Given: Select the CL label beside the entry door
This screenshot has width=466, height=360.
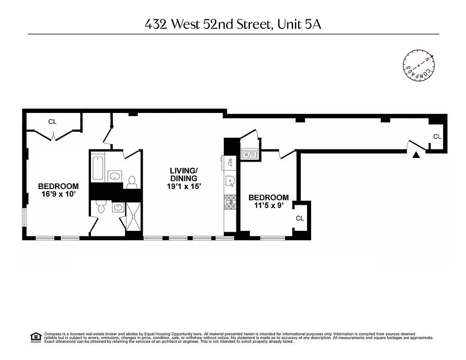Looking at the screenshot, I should [x=437, y=136].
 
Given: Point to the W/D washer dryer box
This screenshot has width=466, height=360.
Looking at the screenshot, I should [x=249, y=155].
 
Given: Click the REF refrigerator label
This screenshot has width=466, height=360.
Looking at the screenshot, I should [x=230, y=162].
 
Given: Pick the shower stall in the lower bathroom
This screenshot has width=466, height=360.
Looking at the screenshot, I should [x=133, y=216].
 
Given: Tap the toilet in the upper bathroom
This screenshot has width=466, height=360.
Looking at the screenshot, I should [x=132, y=182].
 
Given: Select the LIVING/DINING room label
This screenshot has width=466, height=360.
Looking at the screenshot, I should [x=183, y=175].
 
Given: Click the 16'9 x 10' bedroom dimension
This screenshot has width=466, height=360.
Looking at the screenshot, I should [x=58, y=194].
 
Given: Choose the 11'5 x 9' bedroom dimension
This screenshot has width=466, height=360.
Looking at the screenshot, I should [x=268, y=206].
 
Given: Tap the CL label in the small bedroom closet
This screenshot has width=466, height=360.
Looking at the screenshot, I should [x=300, y=218].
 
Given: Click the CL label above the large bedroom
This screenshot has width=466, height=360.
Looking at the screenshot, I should [x=53, y=121].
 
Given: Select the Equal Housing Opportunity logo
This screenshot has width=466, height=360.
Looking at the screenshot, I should [x=35, y=337].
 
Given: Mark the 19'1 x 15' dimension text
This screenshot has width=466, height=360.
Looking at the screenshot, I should [x=183, y=186].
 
